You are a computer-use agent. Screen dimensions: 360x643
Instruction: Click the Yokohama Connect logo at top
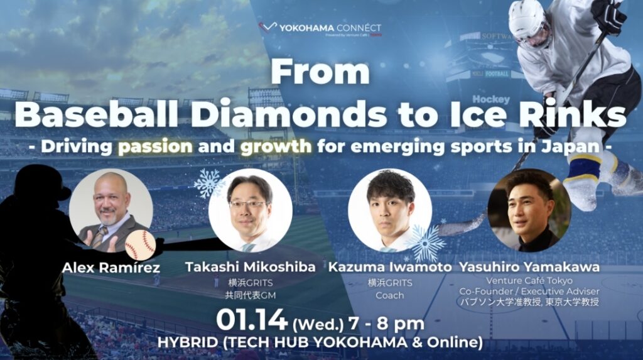click(x=321, y=29)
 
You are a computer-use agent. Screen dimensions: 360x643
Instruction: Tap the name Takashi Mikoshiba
click(x=250, y=268)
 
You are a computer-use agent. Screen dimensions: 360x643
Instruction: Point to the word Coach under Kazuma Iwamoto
click(x=389, y=295)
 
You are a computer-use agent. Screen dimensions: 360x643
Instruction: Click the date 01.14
click(x=251, y=320)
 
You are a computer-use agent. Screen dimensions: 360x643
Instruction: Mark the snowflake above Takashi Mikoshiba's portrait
click(x=207, y=183)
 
